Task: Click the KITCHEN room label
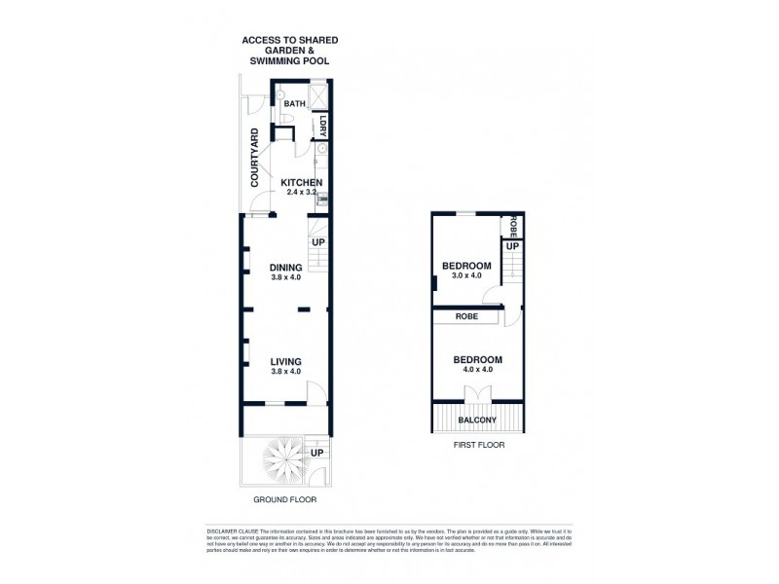(301, 182)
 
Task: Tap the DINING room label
(286, 268)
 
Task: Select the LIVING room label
(286, 361)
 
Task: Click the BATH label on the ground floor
(294, 102)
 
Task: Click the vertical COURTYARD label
(254, 158)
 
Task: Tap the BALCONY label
(479, 420)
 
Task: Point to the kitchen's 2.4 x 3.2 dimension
(303, 193)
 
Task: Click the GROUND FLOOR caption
(285, 499)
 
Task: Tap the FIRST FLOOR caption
(477, 445)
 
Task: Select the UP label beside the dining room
(318, 241)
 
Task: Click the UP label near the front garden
(317, 453)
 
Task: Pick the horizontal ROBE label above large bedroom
(464, 317)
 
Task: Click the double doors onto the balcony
(479, 393)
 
